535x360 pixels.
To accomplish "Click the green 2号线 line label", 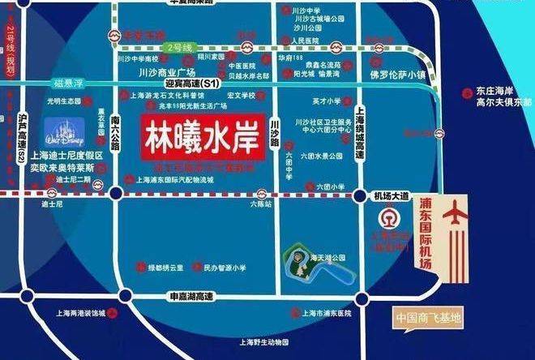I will pos(179,48).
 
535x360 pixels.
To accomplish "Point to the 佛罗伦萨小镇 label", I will pos(397,75).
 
